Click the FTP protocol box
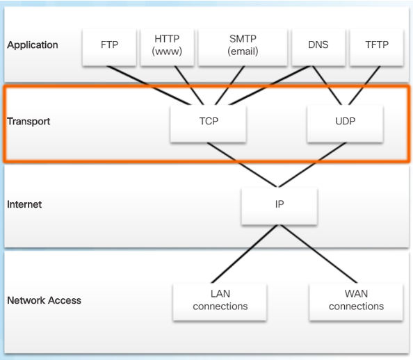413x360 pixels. (x=109, y=47)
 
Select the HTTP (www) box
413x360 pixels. (x=168, y=47)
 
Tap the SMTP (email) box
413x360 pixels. (x=243, y=47)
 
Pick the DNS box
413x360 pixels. (x=318, y=47)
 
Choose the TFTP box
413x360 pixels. (x=377, y=47)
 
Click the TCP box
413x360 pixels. (x=209, y=124)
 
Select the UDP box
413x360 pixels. (x=345, y=124)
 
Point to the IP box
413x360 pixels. (x=280, y=206)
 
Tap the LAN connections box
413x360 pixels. (x=220, y=302)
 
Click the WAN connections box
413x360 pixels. (x=356, y=302)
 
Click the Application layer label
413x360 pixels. (x=33, y=45)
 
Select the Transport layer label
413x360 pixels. (x=29, y=122)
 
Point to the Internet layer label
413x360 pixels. (x=24, y=204)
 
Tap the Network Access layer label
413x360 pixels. (x=44, y=300)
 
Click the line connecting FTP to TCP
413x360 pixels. (x=149, y=85)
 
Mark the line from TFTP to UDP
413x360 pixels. (x=364, y=85)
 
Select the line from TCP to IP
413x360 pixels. (x=242, y=165)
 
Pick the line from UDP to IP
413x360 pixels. (x=313, y=165)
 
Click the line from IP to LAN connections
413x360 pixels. (x=245, y=254)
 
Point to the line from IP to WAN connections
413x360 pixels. (x=319, y=254)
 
